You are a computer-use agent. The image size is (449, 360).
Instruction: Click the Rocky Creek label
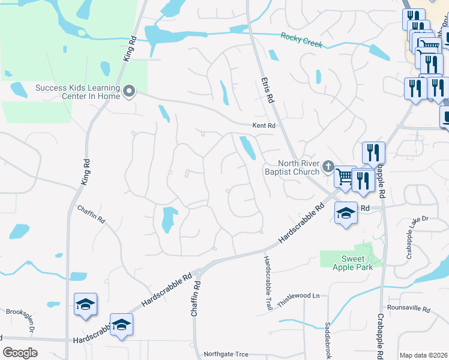301,40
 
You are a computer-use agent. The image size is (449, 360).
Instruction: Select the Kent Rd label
264,126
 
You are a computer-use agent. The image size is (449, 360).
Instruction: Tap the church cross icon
328,166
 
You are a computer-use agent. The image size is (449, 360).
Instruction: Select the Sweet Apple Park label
349,263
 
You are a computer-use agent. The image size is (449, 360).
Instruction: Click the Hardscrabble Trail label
268,282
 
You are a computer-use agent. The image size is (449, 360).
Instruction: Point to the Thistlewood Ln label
300,295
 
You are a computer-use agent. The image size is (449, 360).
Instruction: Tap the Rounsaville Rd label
409,310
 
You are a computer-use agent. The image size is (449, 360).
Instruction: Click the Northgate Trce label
226,354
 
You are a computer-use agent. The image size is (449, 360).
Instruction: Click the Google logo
20,352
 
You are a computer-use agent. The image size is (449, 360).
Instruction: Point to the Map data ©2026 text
423,355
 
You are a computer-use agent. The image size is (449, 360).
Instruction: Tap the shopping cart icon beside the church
345,176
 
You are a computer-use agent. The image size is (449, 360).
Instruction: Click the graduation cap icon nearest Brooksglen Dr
85,304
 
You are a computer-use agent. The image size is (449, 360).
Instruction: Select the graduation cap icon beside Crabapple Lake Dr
346,213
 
